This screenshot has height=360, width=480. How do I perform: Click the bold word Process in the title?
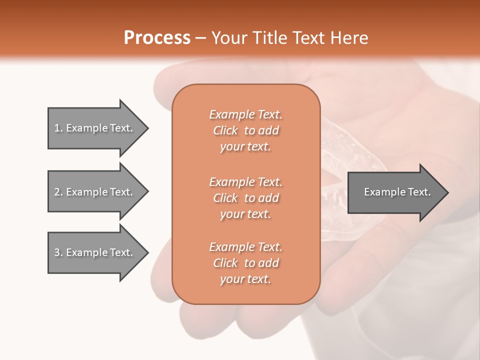tap(157, 38)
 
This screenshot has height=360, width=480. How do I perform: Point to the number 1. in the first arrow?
tap(58, 128)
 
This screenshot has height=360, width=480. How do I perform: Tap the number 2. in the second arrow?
tap(58, 192)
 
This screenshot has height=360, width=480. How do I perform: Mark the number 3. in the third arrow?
tap(58, 252)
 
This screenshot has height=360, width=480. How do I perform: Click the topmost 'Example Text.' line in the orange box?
tap(245, 114)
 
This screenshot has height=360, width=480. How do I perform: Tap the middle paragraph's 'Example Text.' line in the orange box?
tap(245, 181)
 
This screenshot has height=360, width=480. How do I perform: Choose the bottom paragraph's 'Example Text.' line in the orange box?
tap(245, 247)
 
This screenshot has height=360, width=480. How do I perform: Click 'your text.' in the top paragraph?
tap(245, 147)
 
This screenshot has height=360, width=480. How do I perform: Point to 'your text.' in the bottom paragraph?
tap(245, 279)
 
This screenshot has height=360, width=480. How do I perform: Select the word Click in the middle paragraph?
tap(225, 198)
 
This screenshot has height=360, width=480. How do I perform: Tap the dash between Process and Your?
tap(200, 38)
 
